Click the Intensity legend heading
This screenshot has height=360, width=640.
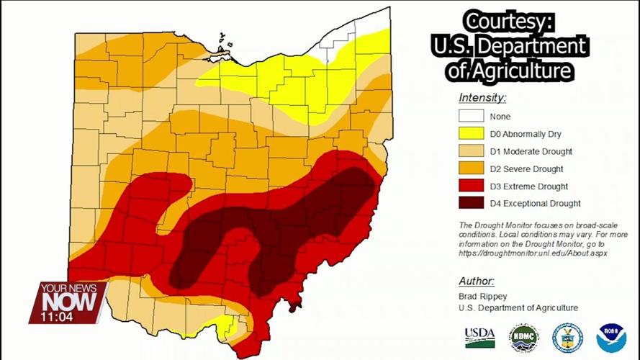(x=482, y=97)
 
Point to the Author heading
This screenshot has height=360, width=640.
(x=477, y=281)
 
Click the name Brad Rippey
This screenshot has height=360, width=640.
(x=482, y=296)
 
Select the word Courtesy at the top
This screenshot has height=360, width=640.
(x=508, y=21)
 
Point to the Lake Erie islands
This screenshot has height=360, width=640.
(x=222, y=50)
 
